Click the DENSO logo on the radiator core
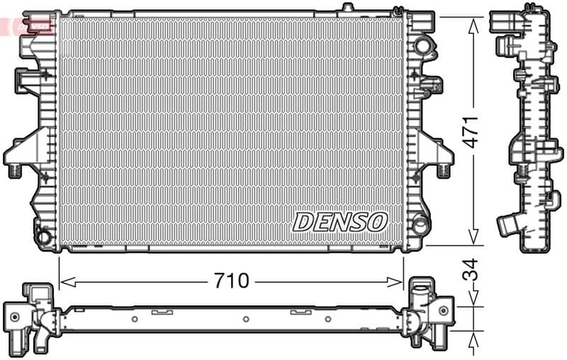[x=340, y=222]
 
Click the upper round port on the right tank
[x=422, y=46]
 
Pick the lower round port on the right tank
[x=421, y=225]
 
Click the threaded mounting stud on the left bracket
[x=15, y=170]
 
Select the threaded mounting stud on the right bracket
[x=443, y=170]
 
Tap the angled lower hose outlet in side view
[x=507, y=225]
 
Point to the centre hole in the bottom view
[x=245, y=319]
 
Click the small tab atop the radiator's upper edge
[x=347, y=7]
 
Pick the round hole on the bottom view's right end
[x=443, y=310]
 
